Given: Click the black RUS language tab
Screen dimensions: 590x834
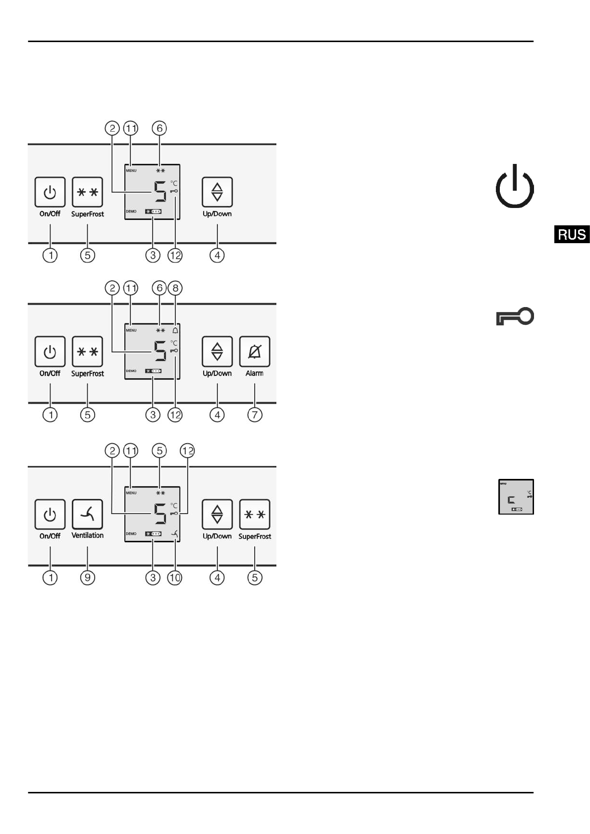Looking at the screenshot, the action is click(572, 234).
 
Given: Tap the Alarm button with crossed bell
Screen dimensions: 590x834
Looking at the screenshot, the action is click(255, 352).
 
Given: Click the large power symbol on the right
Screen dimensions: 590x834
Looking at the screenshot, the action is click(515, 187).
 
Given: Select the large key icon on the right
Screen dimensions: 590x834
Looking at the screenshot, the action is click(515, 316).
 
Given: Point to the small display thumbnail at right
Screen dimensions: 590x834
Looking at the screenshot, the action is click(516, 497).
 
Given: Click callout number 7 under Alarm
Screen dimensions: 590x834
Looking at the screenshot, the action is click(255, 415).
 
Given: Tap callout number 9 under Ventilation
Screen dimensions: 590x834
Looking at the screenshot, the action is click(87, 577).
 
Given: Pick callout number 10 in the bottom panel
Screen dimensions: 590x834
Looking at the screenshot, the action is click(175, 577).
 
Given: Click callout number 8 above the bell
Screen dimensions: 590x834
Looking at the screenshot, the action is click(175, 288).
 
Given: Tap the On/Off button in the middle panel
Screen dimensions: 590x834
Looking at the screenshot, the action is click(50, 352).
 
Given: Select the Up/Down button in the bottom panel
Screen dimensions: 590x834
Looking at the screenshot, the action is click(217, 515).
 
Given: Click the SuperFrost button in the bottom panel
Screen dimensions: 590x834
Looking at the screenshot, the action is click(255, 515).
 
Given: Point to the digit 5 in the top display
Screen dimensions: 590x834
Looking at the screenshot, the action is click(160, 192).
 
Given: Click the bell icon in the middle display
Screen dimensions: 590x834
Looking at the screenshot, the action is click(175, 330).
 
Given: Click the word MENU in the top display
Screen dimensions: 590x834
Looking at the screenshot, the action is click(131, 171).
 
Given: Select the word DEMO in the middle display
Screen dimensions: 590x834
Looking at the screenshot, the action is click(131, 371).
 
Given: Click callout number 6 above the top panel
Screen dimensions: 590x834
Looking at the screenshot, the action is click(160, 128).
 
